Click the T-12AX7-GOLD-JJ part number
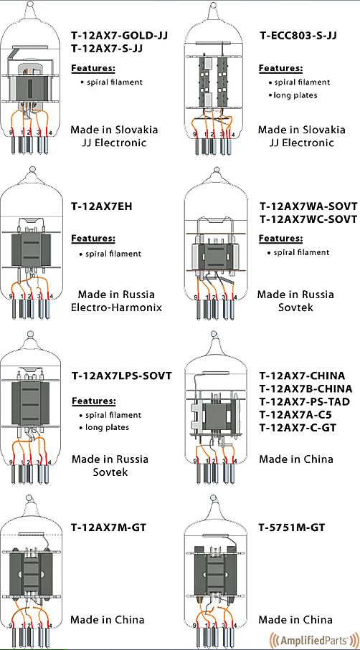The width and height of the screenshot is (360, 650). (x=120, y=35)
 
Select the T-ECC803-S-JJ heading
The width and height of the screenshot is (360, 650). (x=298, y=35)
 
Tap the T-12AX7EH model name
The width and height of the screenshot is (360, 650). (x=102, y=206)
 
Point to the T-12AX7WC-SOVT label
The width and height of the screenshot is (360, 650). (x=308, y=219)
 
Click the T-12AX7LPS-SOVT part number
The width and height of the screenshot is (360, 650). (x=121, y=376)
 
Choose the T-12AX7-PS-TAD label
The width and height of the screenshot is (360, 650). (x=305, y=402)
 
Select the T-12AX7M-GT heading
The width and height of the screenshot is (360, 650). (x=109, y=527)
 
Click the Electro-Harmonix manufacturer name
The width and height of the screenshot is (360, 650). (x=116, y=307)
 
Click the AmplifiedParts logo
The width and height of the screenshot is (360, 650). (x=314, y=638)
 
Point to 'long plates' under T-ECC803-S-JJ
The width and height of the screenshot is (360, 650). (x=295, y=95)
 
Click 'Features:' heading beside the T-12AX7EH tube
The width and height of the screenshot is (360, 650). (x=93, y=239)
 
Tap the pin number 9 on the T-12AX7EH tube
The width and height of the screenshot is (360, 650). (x=11, y=297)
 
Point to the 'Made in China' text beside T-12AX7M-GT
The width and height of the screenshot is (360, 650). (x=108, y=620)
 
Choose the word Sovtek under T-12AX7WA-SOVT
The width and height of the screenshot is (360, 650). (x=295, y=307)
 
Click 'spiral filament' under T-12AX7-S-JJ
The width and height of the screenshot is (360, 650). (x=114, y=82)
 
